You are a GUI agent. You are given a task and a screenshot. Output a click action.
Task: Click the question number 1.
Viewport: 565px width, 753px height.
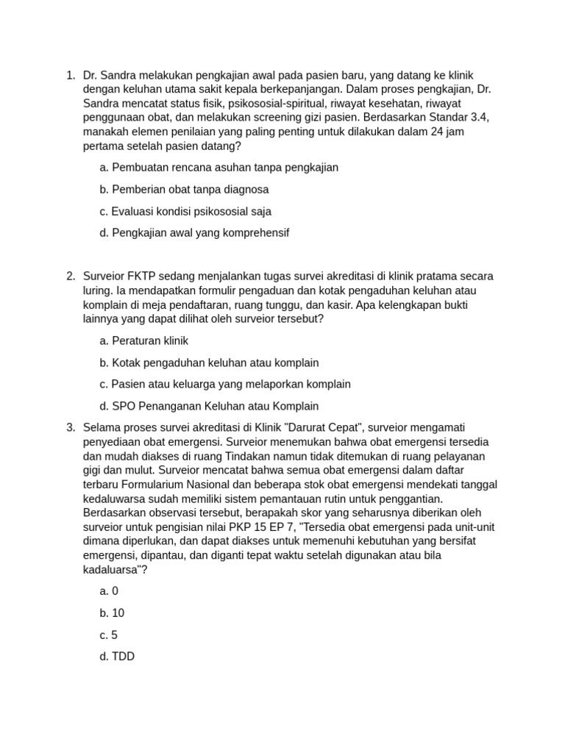tap(70, 75)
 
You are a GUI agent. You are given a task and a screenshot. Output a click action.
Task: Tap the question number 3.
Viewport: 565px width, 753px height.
tap(70, 427)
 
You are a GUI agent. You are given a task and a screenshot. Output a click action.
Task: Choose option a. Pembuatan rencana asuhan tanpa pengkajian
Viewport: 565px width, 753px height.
tap(218, 168)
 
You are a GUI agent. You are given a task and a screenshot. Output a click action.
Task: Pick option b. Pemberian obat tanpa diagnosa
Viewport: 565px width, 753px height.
tap(184, 190)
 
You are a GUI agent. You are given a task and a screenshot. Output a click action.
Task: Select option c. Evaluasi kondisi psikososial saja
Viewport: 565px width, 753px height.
tap(185, 212)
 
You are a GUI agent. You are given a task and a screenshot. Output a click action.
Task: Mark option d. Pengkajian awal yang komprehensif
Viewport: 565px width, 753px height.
tap(194, 233)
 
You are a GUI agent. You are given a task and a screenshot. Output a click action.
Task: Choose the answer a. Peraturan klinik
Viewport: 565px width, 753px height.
tap(144, 341)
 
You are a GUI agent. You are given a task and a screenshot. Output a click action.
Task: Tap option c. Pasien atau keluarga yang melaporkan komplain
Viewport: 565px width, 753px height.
tap(225, 385)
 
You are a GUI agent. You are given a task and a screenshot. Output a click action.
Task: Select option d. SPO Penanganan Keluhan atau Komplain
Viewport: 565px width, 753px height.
tap(209, 406)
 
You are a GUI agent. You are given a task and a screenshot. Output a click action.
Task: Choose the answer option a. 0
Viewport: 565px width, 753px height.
tap(109, 591)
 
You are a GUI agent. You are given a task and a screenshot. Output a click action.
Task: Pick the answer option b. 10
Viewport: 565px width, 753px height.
tap(112, 613)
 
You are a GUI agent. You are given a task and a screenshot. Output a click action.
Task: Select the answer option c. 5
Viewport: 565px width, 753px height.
tap(108, 635)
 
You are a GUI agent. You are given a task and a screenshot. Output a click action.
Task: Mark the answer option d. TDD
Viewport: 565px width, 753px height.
tap(117, 657)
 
